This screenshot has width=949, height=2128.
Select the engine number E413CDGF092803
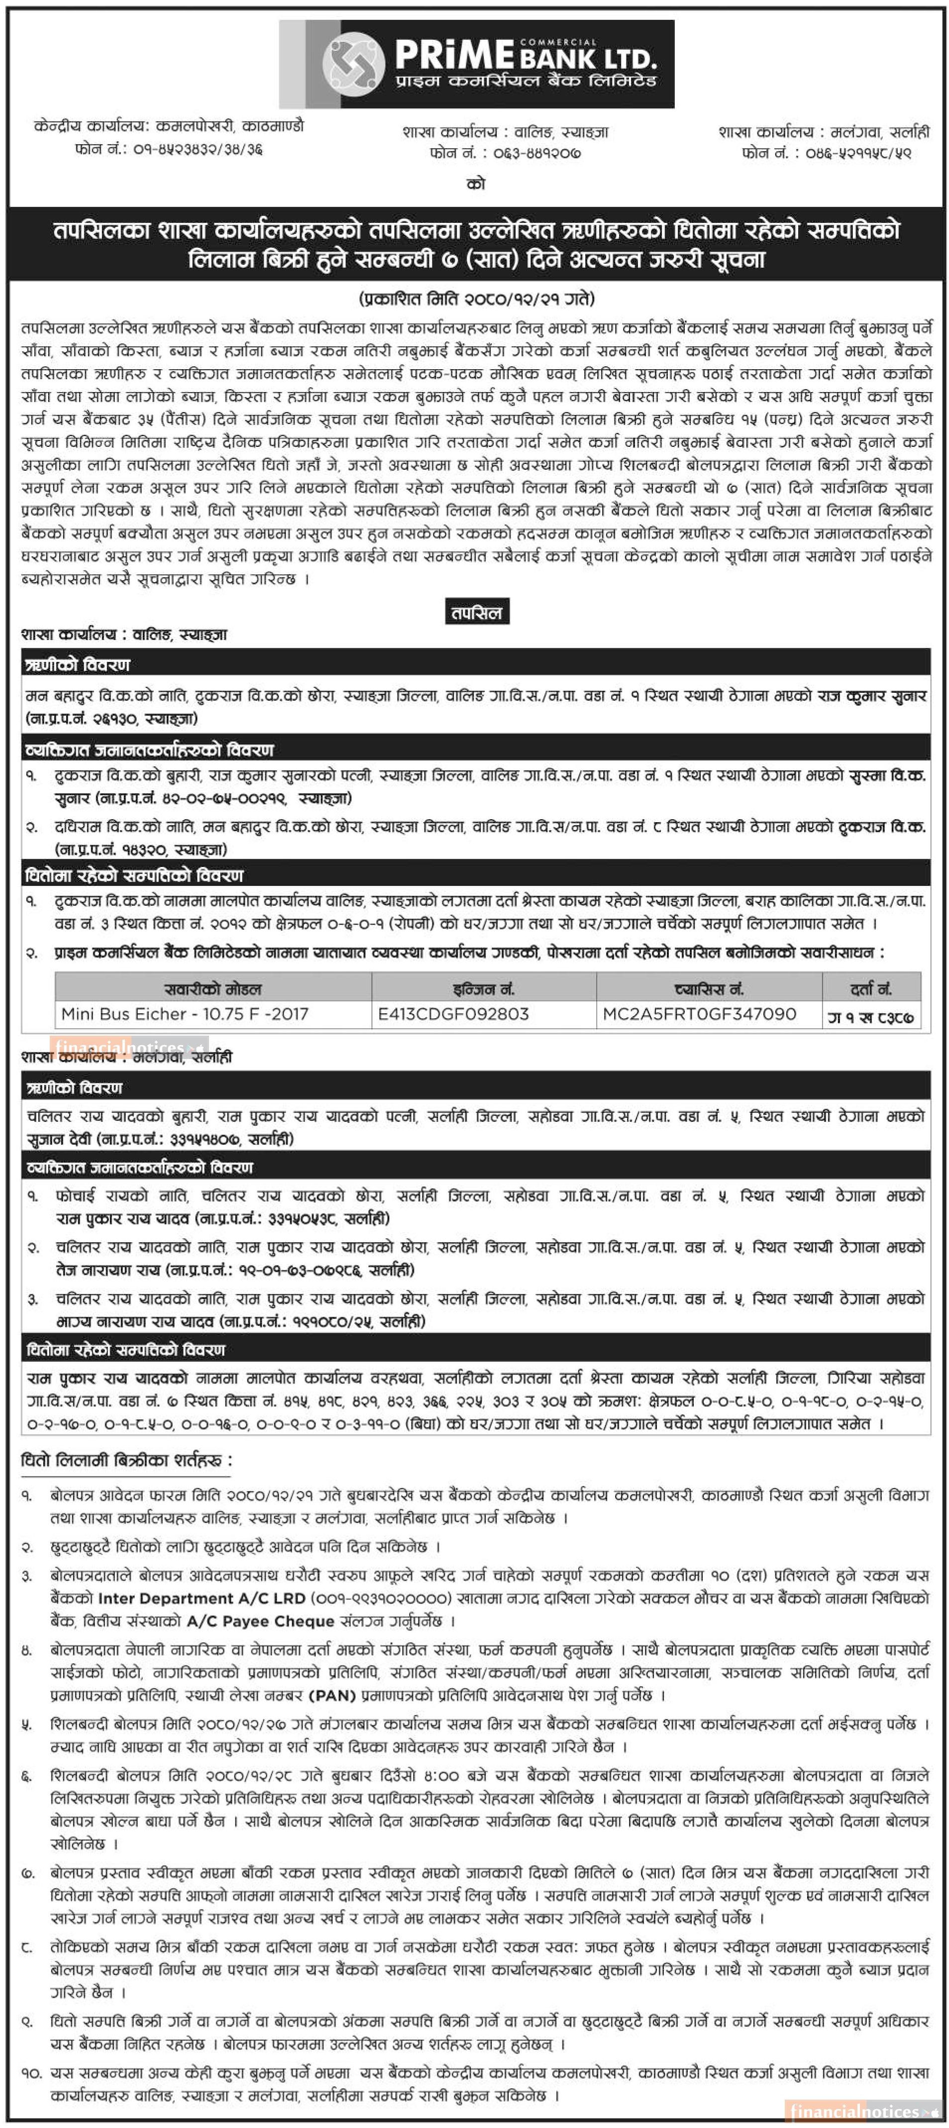tap(453, 1014)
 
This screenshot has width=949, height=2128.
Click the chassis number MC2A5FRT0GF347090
tap(699, 1014)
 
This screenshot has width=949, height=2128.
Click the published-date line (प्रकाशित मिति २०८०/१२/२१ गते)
tap(476, 298)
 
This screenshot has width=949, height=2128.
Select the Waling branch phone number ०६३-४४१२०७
tap(537, 153)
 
